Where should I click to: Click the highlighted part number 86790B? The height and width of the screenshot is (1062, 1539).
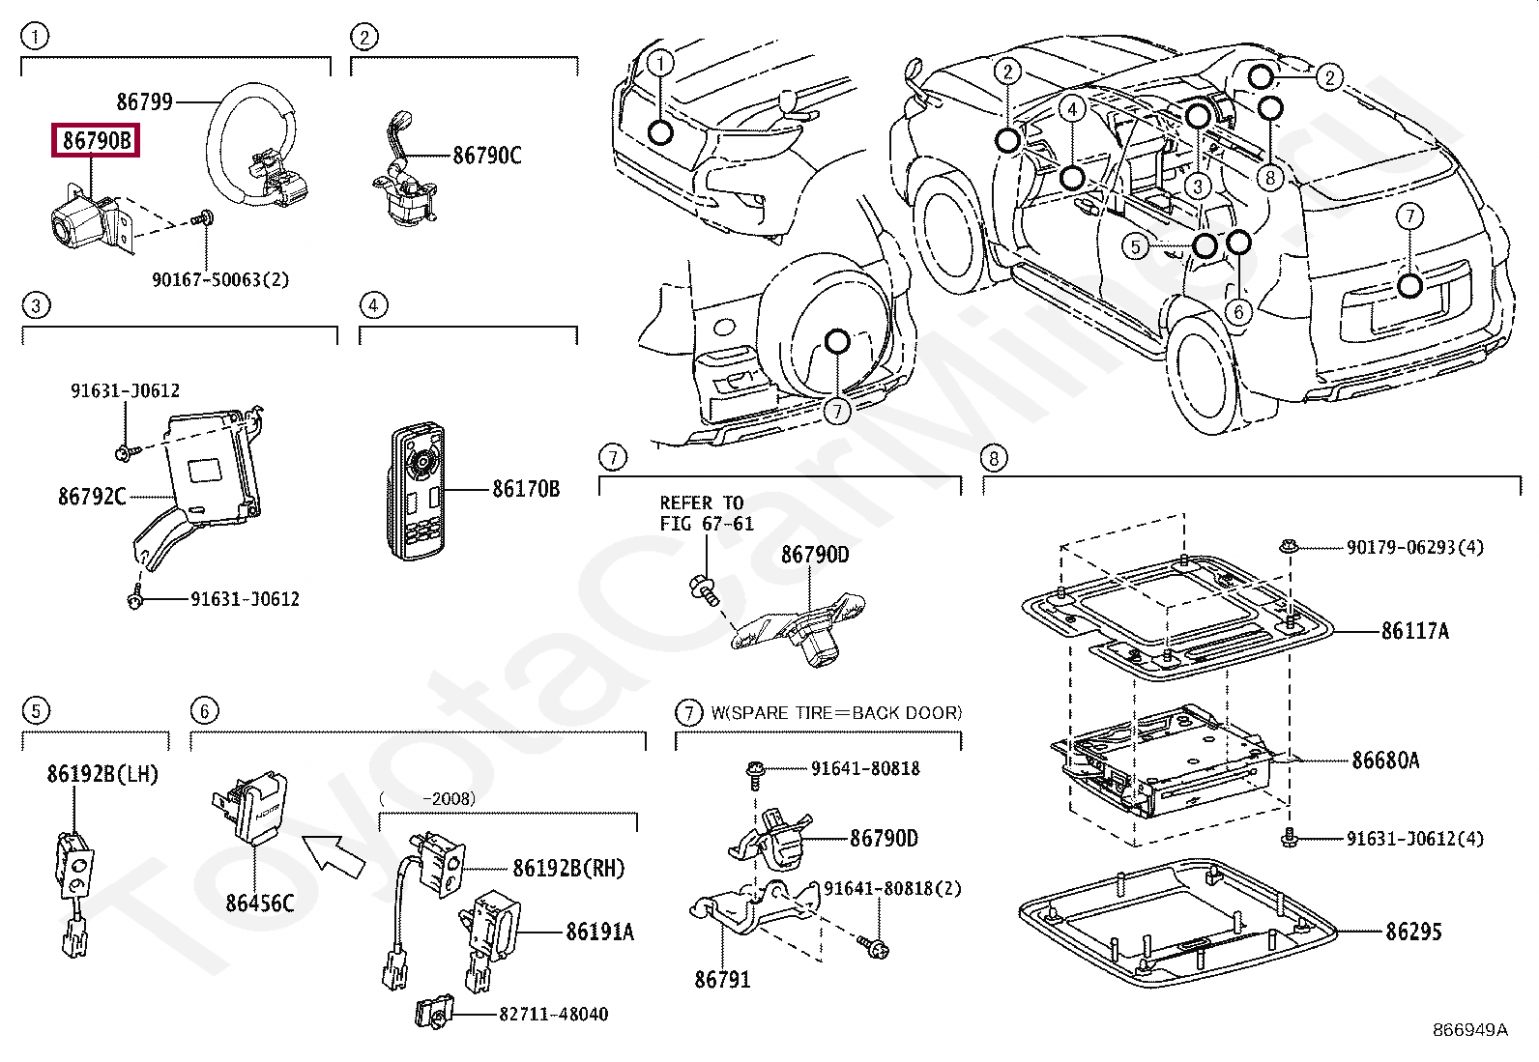coord(96,141)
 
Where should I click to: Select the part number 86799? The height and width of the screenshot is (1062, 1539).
coord(144,101)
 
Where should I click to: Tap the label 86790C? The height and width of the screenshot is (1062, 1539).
coord(486,156)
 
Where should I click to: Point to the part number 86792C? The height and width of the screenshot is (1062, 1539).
coord(92,497)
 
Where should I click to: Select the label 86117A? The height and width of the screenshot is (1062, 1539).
coord(1414,632)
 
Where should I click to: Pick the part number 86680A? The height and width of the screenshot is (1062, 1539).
coord(1385,761)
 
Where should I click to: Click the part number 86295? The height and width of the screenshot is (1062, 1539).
coord(1413,933)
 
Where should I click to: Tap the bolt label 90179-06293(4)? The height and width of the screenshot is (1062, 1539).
coord(1414,548)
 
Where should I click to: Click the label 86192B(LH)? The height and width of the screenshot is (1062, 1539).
coord(102,774)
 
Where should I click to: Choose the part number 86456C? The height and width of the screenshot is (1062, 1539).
coord(259,904)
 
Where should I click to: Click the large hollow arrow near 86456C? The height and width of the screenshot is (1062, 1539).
coord(334,855)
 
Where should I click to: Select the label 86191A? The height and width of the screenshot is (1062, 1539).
coord(599,933)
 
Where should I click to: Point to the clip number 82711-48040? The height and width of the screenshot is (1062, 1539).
coord(553,1015)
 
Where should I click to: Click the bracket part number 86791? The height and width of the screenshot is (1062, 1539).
coord(722,980)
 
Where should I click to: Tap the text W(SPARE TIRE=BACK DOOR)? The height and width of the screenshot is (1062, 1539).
coord(836,713)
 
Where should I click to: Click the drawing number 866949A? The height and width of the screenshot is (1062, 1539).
coord(1469,1030)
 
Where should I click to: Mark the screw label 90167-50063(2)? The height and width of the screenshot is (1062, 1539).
coord(220,280)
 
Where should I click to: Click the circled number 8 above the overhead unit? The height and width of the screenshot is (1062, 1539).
coord(994,457)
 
